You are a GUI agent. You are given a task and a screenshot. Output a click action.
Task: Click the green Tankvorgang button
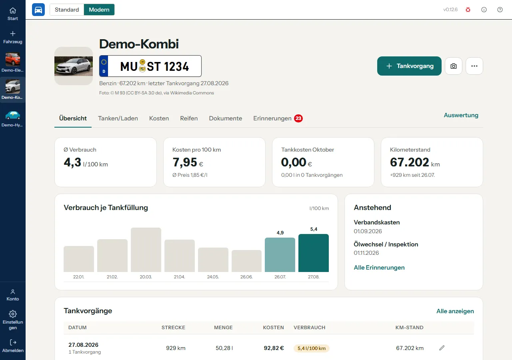point(409,66)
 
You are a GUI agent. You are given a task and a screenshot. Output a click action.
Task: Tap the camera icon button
point(454,66)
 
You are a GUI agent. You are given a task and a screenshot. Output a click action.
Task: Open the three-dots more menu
point(474,66)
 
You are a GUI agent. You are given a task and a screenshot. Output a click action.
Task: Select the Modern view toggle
point(99,10)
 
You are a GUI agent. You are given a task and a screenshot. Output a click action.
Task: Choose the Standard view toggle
point(67,10)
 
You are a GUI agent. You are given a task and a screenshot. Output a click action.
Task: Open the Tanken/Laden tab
point(118,118)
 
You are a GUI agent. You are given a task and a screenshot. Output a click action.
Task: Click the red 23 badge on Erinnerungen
point(298,118)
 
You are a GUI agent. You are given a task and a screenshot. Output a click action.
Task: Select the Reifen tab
point(189,118)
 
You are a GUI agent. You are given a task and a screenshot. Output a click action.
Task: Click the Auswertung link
point(461,115)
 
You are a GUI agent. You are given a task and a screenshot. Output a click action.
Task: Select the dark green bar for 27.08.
point(314,253)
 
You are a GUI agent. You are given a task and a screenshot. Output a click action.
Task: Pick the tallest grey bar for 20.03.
point(146,250)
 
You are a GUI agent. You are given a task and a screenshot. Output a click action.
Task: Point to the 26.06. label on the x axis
point(246,277)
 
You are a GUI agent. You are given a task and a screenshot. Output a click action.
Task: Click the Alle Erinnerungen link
point(379,268)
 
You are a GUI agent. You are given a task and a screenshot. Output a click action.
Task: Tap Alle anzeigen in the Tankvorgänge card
point(455,311)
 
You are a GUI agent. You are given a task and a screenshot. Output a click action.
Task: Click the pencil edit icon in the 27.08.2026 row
point(442,348)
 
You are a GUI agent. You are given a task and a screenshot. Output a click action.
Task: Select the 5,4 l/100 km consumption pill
point(312,348)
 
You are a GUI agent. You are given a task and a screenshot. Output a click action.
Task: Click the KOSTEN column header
point(273,328)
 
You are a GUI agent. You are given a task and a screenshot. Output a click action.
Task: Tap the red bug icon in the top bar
point(468,10)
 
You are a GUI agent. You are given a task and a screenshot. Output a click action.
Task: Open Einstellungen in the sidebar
point(13,320)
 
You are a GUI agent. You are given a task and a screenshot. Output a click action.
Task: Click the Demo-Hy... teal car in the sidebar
point(13,118)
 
